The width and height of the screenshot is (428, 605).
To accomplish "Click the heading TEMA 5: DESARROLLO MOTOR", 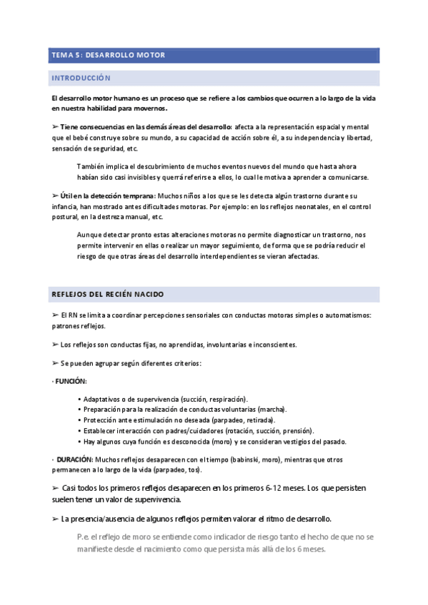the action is (107, 55).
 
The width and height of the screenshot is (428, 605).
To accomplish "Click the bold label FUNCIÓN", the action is (71, 382).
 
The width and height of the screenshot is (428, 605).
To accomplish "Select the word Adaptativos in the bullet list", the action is (101, 399).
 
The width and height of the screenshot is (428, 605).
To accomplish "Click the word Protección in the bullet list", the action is (101, 420).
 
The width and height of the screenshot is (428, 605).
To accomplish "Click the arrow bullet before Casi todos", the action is (56, 487).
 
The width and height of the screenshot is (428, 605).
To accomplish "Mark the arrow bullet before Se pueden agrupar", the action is (56, 363).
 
